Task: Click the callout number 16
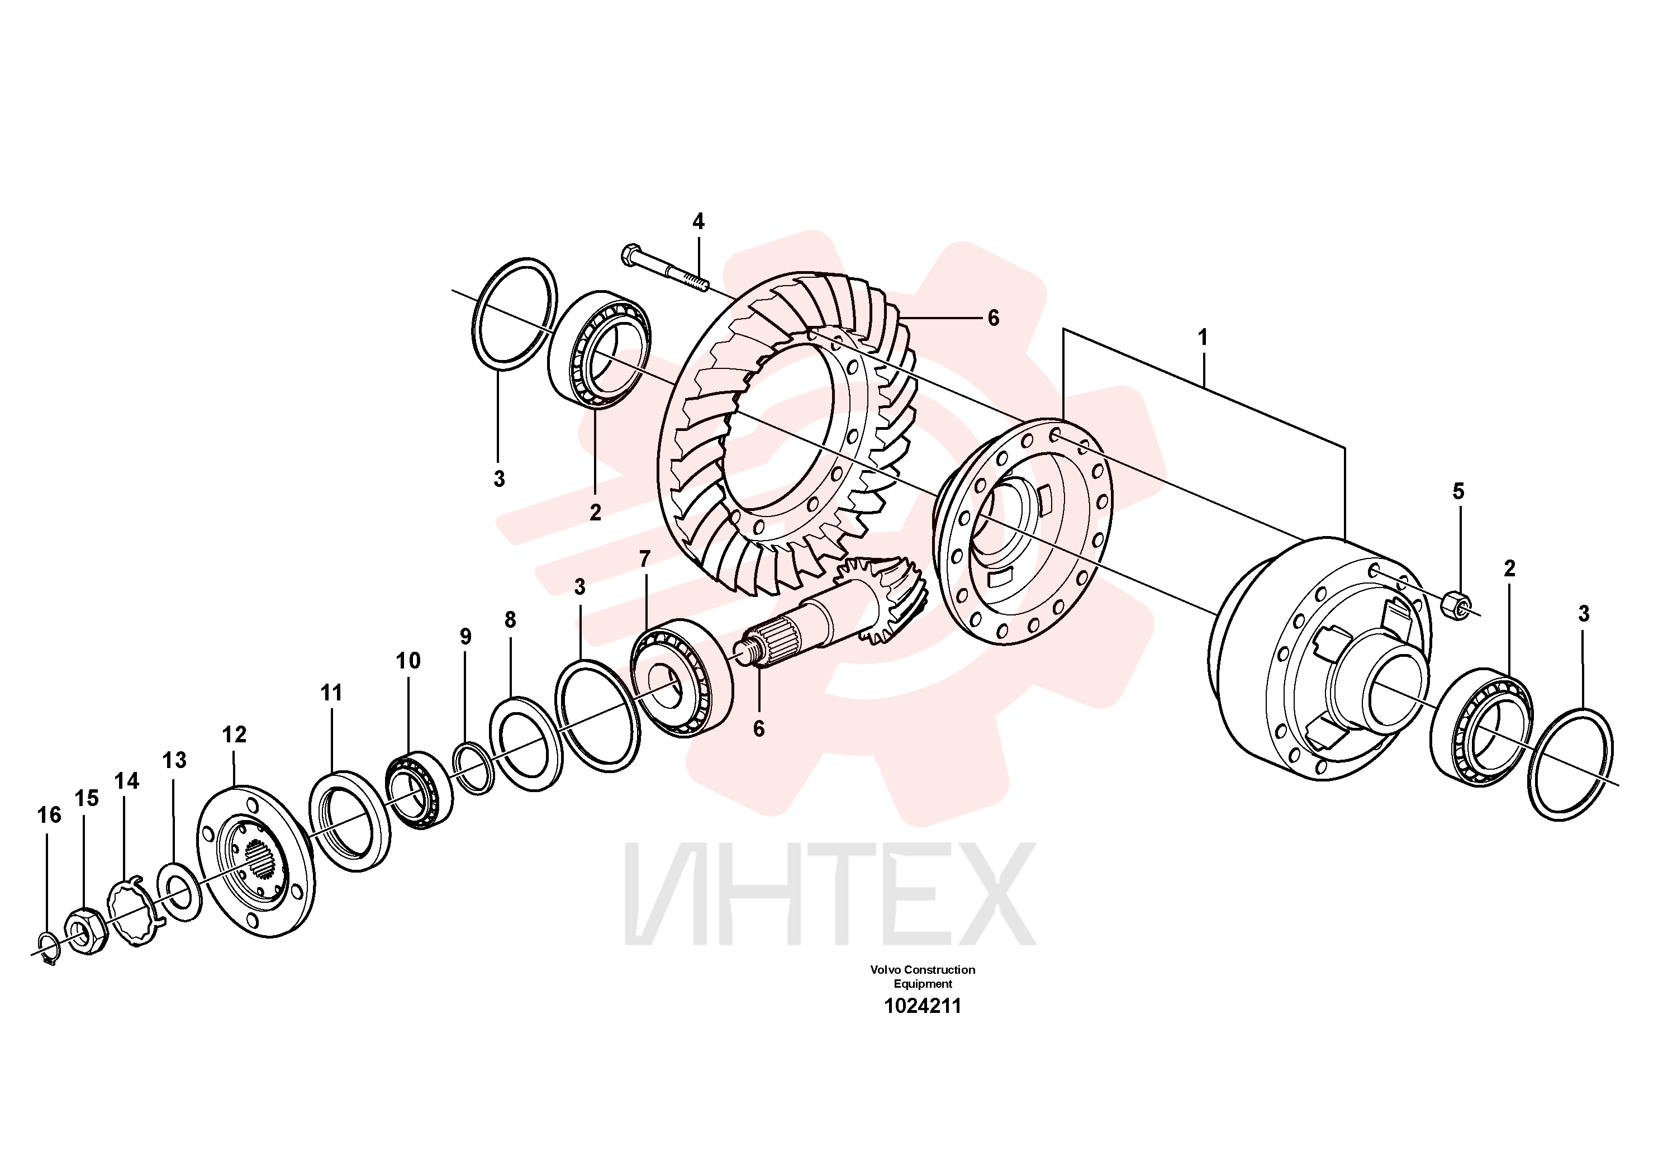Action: [x=49, y=816]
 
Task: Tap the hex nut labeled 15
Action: [x=86, y=931]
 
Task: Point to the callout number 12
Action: [x=234, y=735]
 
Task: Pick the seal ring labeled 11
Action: [x=349, y=822]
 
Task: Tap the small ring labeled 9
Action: [x=474, y=768]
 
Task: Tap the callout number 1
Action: [x=1203, y=338]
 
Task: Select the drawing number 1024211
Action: [x=923, y=1006]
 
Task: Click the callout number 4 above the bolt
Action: [x=699, y=221]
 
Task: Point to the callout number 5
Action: [x=1458, y=491]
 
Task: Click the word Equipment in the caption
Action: [x=923, y=984]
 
